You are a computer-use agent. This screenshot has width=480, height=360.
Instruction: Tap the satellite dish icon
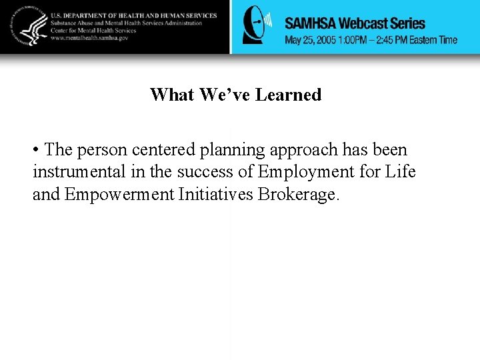click(x=257, y=25)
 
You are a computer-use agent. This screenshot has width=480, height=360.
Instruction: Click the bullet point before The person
click(x=36, y=150)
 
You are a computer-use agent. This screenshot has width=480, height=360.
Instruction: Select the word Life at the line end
click(x=400, y=171)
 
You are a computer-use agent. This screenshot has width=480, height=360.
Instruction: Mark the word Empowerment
click(x=117, y=194)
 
